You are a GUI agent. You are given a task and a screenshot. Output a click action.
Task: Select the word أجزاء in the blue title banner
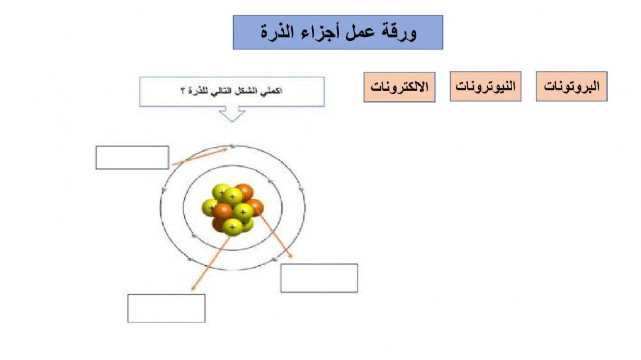[318, 33]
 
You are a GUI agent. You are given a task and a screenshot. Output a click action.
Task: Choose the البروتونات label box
[571, 86]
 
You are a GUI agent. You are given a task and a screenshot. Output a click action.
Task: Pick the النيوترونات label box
[485, 86]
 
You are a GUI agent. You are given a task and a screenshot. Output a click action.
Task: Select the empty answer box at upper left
[132, 158]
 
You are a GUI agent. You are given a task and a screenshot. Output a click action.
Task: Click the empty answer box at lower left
[166, 308]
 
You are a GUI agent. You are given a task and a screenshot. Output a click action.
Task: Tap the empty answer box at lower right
[319, 278]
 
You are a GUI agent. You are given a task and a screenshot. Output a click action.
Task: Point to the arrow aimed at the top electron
[199, 157]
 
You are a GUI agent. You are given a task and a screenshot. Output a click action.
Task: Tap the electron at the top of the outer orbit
[233, 147]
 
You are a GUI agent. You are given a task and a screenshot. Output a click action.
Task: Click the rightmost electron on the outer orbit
[301, 190]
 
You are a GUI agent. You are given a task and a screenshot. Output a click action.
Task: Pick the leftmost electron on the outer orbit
[164, 190]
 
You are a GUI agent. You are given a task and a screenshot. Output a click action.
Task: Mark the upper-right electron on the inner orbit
[271, 183]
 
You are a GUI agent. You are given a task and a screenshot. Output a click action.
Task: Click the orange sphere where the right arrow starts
[254, 207]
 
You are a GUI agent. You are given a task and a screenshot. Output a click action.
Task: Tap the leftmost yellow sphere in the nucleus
[210, 208]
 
